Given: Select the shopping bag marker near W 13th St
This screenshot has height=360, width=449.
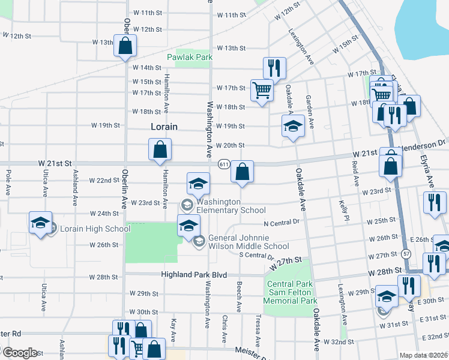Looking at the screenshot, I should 125,46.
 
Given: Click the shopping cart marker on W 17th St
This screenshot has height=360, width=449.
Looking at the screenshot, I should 262,91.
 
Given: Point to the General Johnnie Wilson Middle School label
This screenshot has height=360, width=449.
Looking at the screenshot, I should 249,242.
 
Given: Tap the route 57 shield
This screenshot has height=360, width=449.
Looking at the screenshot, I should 406,253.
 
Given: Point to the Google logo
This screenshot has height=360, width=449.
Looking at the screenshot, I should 19,353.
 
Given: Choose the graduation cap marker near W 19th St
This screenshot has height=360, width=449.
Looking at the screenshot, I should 293,127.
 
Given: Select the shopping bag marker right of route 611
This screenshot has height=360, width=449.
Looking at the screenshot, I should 242,172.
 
